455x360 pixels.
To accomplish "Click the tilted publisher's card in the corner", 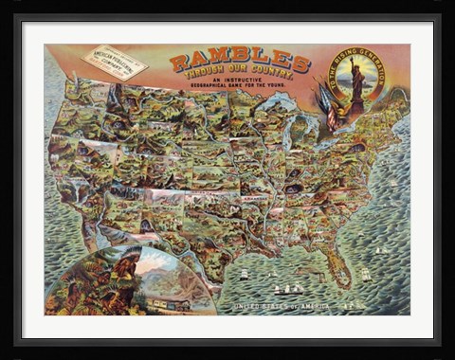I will (x=115, y=63).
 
